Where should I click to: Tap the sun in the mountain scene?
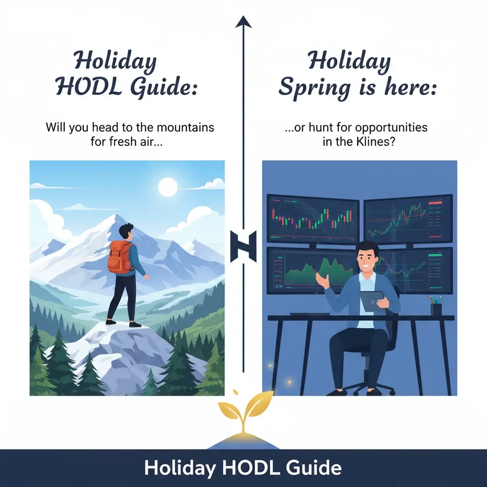point(168,187)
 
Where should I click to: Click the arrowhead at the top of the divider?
point(243,22)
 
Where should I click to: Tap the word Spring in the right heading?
point(314,88)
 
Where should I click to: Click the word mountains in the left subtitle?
point(185,127)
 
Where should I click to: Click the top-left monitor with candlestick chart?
point(313,219)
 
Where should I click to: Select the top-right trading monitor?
point(408,219)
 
